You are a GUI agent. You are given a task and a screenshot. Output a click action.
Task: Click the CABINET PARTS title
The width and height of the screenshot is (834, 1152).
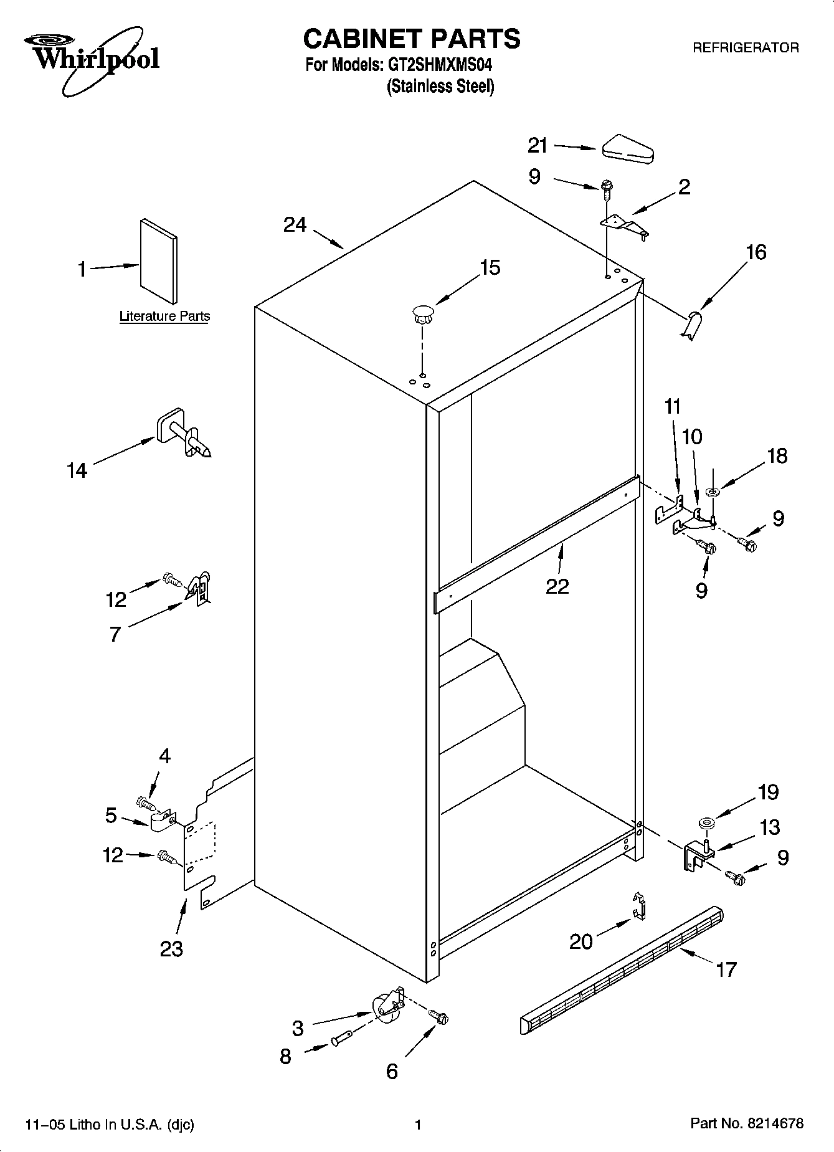[x=411, y=39]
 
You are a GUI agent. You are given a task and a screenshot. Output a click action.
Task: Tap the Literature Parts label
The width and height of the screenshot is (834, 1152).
[x=164, y=317]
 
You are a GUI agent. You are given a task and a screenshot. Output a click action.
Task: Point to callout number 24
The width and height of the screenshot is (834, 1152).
[x=295, y=225]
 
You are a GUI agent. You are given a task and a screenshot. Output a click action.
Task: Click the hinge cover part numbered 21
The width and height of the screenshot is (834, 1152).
[x=627, y=150]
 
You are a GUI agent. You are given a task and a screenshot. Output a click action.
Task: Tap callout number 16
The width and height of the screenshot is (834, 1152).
[x=756, y=252]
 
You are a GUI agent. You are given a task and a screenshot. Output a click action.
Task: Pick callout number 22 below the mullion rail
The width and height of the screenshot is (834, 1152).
[x=557, y=586]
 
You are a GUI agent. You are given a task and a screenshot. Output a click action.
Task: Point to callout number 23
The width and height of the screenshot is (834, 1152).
[x=171, y=949]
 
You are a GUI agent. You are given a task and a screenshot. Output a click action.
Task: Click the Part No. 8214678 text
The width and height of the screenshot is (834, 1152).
[x=747, y=1124]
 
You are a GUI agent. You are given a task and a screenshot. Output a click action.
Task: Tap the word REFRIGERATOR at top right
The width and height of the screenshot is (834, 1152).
[x=746, y=48]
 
